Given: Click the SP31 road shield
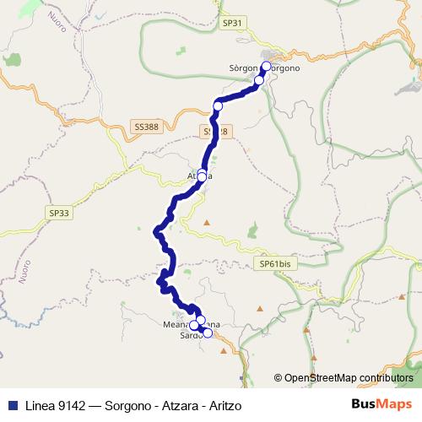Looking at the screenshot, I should pyautogui.click(x=230, y=24).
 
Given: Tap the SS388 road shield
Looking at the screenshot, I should pyautogui.click(x=146, y=127).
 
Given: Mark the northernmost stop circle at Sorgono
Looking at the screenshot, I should pyautogui.click(x=266, y=66).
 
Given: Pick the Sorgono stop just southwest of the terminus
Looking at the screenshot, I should pyautogui.click(x=259, y=80).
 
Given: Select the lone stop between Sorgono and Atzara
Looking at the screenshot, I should pyautogui.click(x=218, y=105).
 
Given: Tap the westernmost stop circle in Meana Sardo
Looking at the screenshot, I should pyautogui.click(x=194, y=325).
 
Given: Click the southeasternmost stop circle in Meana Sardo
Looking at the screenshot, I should pyautogui.click(x=208, y=333).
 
